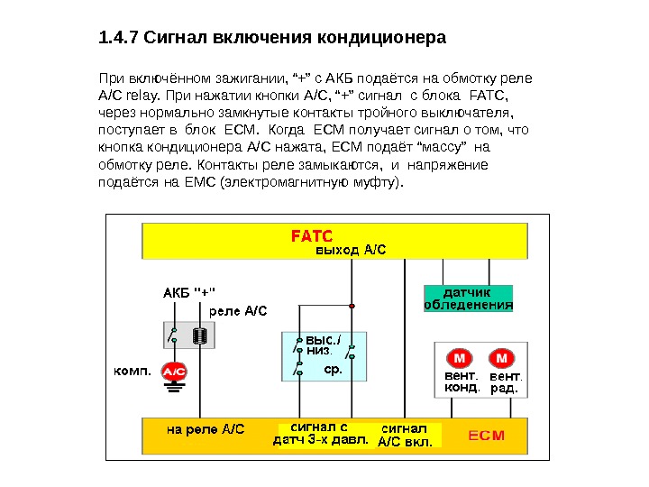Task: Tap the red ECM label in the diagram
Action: (487, 435)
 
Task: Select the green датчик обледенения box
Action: (468, 299)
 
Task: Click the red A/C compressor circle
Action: (173, 371)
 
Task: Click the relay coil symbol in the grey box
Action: (201, 335)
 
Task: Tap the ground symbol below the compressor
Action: (173, 389)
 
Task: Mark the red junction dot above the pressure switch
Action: (352, 306)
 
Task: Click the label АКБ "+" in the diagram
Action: (188, 292)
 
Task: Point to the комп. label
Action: (131, 370)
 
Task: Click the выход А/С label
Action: (350, 250)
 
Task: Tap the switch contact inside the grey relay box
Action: (172, 335)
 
